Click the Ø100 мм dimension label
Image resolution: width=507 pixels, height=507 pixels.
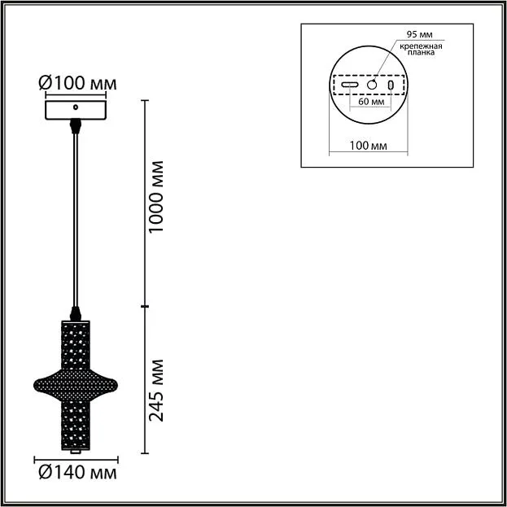77,83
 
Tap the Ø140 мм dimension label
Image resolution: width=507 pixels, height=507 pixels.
77,473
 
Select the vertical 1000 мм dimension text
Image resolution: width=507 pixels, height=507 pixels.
156,197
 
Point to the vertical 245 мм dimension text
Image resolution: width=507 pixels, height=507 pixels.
156,391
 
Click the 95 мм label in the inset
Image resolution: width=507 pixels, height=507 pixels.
419,34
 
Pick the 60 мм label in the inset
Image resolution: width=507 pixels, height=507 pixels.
371,102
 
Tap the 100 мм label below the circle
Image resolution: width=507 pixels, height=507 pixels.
368,146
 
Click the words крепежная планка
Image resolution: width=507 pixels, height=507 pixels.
421,49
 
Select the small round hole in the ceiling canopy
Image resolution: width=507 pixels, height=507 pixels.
76,107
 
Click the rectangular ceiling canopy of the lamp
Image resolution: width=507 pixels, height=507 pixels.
76,110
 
